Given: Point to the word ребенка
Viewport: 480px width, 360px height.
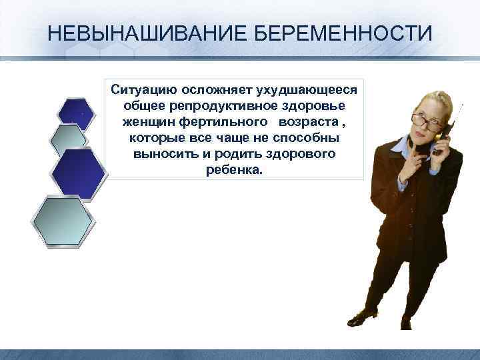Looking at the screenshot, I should [x=236, y=170].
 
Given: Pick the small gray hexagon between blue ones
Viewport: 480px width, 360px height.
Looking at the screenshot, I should [x=69, y=141].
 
